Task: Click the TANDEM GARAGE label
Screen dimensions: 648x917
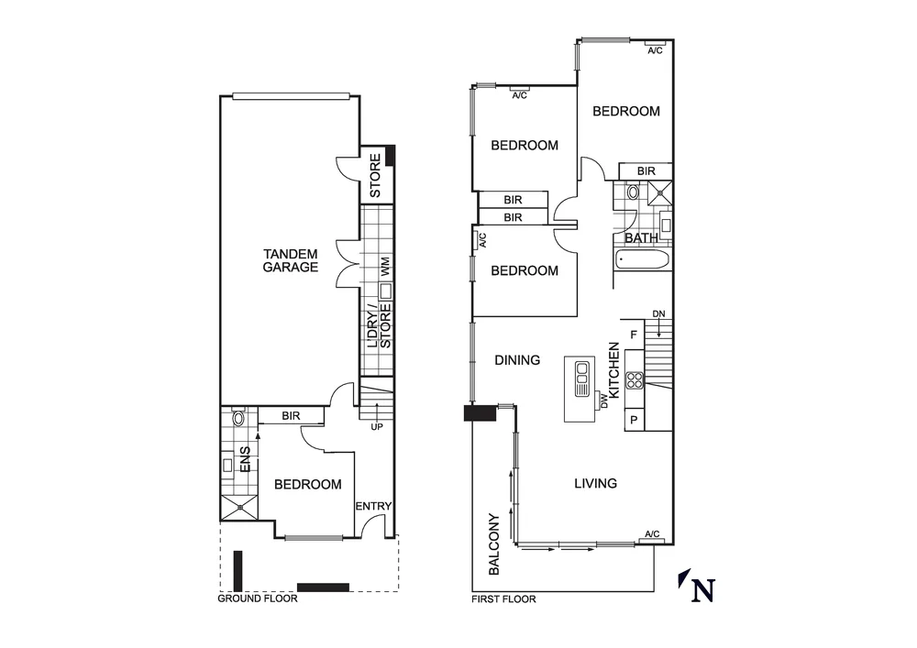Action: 290,260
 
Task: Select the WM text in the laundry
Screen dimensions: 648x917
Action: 386,269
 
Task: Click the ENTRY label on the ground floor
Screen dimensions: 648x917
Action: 373,506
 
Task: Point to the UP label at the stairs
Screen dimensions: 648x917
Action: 376,427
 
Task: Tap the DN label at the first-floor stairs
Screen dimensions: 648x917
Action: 658,314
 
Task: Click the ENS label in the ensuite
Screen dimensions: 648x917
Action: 245,459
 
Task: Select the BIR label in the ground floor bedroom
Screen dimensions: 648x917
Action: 291,416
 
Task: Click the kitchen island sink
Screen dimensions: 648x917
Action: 581,378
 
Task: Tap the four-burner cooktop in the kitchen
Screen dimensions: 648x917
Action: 635,380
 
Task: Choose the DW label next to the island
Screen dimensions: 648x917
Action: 603,401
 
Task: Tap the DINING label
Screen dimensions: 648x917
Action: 517,360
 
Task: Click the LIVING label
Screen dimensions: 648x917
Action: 595,483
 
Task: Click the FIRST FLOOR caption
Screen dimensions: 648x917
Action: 503,599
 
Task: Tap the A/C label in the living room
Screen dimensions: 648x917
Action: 652,533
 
